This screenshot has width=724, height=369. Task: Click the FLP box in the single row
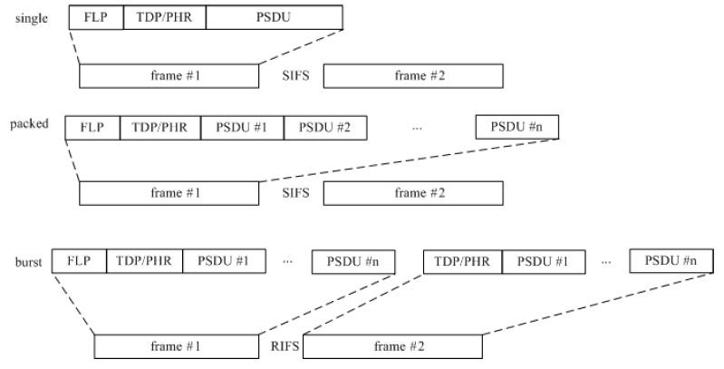point(95,17)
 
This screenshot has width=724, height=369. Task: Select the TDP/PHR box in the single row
point(164,17)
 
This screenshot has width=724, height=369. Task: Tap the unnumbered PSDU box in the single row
point(275,17)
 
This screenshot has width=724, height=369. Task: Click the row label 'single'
point(33,17)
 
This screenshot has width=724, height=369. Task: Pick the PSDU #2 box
point(324,128)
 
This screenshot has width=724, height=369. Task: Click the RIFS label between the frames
point(283,345)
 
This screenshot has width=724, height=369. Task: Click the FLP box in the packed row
point(92,128)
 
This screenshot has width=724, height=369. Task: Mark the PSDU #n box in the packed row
point(516,128)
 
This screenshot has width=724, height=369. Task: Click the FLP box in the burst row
point(79,260)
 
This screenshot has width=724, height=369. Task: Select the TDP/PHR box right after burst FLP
point(144,260)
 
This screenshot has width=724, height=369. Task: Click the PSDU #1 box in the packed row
point(242,128)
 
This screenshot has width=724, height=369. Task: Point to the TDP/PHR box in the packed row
point(160,128)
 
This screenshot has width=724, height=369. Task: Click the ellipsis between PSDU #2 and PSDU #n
point(417,128)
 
